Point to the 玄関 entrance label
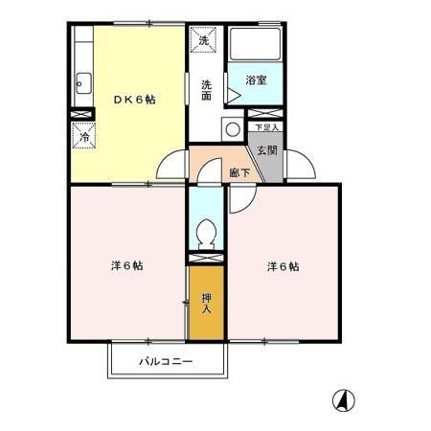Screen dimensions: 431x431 265,149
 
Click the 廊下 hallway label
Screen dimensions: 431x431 239,173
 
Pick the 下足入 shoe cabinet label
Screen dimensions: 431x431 265,126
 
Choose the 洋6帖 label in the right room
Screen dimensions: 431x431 283,265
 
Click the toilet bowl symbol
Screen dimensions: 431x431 205,233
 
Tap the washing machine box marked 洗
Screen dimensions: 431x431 202,40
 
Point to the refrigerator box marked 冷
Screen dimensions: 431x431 82,136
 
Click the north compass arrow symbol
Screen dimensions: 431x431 340,398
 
